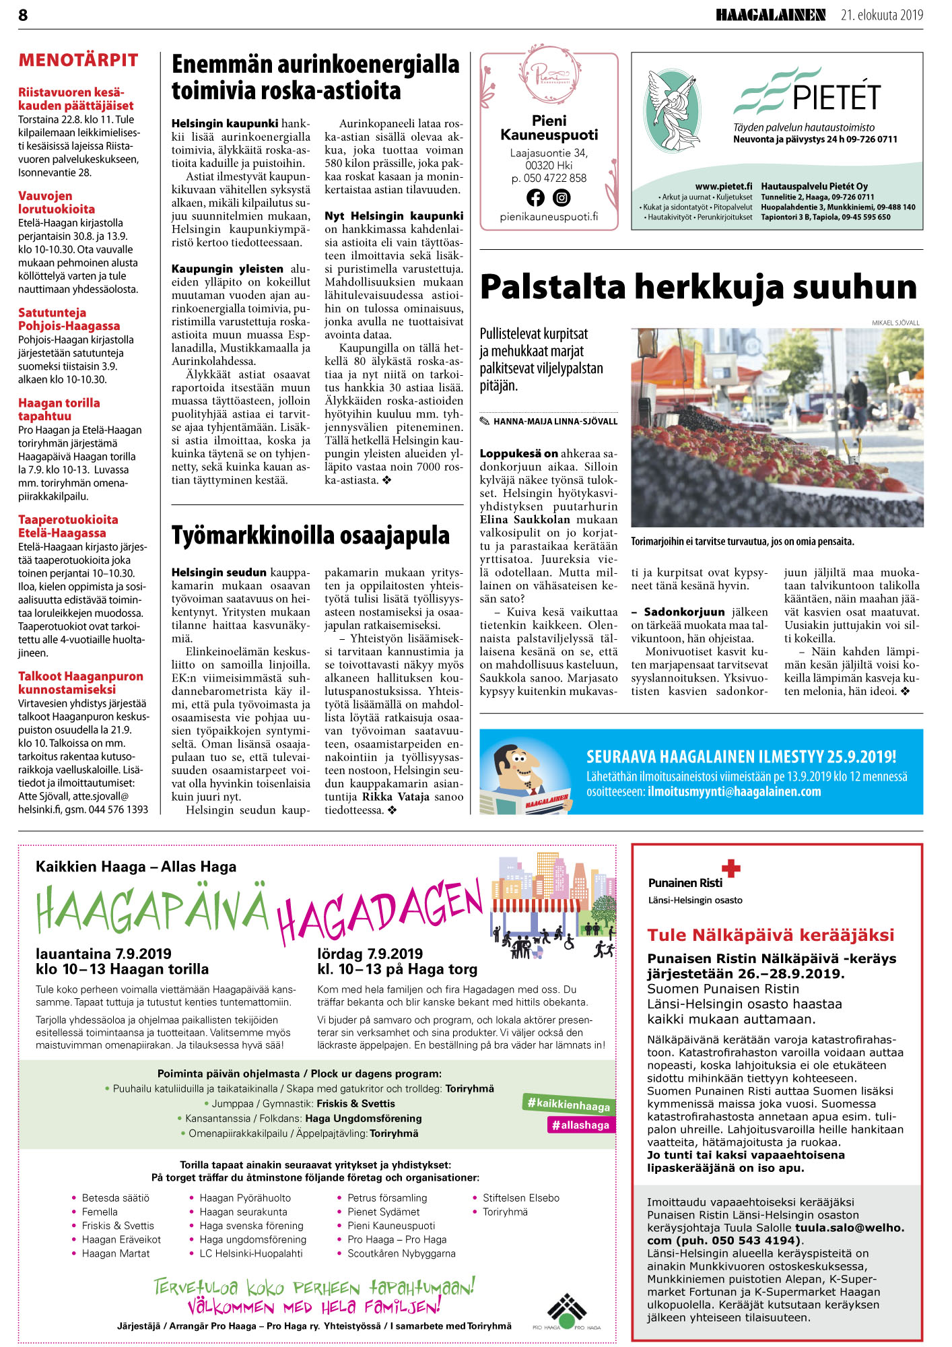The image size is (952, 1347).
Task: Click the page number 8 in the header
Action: click(x=23, y=15)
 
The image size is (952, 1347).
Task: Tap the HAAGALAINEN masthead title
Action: click(x=770, y=15)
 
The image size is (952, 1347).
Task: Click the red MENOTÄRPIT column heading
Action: click(x=78, y=61)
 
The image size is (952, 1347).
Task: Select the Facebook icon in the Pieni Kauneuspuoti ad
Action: click(x=535, y=197)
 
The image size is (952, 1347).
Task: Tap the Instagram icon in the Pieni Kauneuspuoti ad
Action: click(x=562, y=197)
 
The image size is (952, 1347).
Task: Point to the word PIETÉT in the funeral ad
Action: click(x=836, y=98)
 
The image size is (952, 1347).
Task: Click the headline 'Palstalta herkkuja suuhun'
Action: click(x=698, y=288)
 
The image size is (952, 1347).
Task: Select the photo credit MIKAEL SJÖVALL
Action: click(x=895, y=323)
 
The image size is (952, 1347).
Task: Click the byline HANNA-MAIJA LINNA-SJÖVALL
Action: click(x=555, y=422)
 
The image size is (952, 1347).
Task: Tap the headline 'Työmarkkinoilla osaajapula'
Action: click(x=310, y=535)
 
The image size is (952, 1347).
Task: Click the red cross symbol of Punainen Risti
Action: click(x=730, y=868)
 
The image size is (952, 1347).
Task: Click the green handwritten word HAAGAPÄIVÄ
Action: click(x=152, y=910)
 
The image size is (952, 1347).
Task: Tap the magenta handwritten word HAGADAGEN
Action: click(x=380, y=909)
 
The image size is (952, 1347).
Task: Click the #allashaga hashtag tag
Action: click(x=580, y=1125)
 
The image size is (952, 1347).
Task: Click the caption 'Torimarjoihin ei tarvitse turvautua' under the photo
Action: click(x=743, y=541)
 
